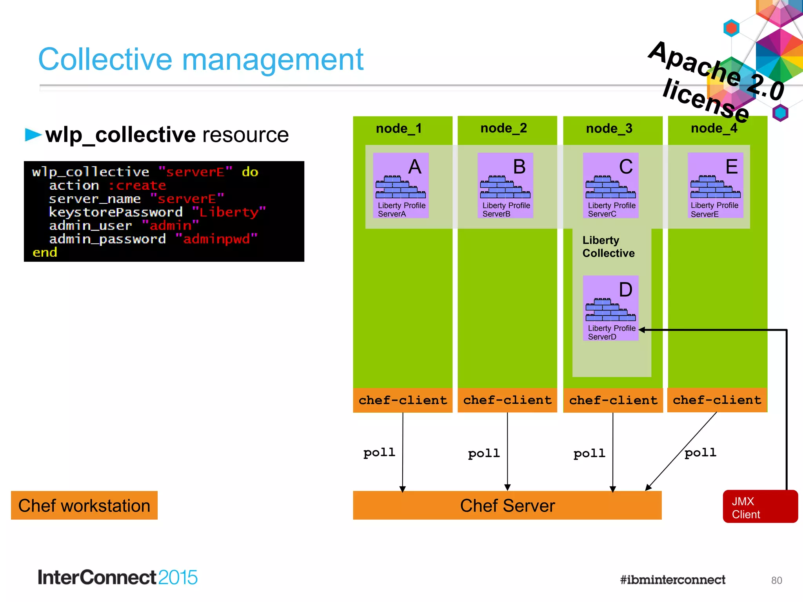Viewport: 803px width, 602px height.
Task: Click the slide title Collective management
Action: click(200, 60)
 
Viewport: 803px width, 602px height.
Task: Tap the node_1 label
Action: click(398, 129)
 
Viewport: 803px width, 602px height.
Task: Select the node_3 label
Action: click(609, 129)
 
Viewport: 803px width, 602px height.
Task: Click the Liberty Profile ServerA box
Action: click(400, 185)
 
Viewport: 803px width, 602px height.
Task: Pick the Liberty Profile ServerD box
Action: click(610, 308)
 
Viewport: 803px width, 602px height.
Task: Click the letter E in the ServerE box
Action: click(731, 167)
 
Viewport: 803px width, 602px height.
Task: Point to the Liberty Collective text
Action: click(608, 247)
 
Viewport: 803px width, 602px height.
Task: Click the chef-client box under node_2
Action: click(507, 400)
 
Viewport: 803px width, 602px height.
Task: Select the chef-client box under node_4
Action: click(717, 400)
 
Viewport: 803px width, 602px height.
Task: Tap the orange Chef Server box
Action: click(507, 506)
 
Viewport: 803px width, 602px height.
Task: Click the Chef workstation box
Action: click(84, 506)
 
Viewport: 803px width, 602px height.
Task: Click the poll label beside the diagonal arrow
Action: click(700, 453)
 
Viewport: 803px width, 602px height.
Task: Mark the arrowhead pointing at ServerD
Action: click(642, 330)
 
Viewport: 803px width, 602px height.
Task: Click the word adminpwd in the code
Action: click(216, 239)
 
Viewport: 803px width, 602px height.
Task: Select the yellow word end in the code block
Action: click(45, 252)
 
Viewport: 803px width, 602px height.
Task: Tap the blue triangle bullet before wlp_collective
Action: click(33, 134)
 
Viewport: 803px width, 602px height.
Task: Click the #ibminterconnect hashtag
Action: click(672, 580)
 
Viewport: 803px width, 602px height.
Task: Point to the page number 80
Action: click(776, 580)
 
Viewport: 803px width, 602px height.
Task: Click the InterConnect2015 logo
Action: click(117, 578)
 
